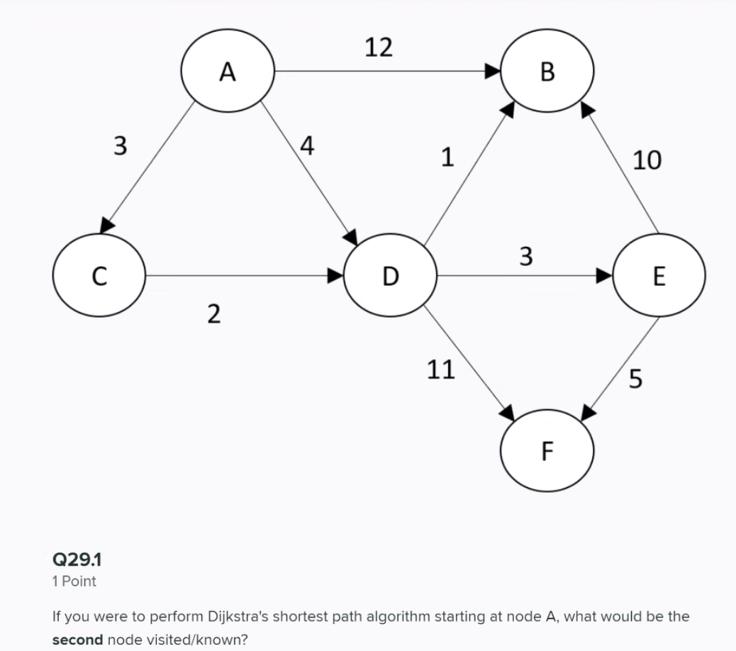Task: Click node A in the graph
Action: pos(228,72)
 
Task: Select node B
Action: pos(547,72)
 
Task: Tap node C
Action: pos(100,274)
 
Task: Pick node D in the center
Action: pos(390,274)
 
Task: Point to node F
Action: pos(547,450)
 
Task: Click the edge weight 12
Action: pos(378,48)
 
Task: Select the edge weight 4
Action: pos(306,145)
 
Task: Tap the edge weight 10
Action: pos(647,160)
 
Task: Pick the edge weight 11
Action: pos(440,369)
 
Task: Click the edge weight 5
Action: pos(635,379)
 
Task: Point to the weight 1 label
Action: pos(447,157)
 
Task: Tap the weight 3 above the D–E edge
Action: pos(525,255)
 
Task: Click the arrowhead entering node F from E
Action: pos(589,412)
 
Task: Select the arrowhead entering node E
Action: pos(604,275)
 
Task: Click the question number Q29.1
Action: pos(77,560)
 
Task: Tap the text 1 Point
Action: pos(74,582)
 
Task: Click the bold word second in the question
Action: pos(78,639)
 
